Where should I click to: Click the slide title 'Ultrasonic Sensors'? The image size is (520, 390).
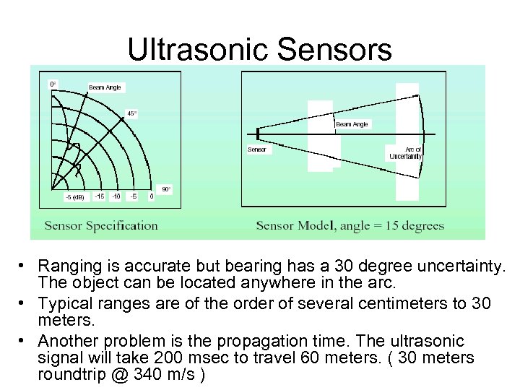[260, 49]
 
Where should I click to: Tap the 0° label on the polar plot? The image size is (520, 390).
[53, 84]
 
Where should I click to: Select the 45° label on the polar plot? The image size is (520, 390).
[131, 113]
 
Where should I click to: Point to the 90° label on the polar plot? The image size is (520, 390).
[166, 189]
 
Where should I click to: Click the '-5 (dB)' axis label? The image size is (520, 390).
[74, 196]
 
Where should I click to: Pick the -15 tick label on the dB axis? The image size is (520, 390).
[99, 196]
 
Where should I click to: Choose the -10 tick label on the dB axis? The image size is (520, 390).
[116, 196]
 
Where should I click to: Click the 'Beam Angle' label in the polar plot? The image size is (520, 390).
[105, 87]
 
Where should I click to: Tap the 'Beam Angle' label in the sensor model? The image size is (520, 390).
[352, 124]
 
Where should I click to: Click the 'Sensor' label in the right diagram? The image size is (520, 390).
[257, 149]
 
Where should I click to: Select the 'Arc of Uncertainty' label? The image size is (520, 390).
[406, 153]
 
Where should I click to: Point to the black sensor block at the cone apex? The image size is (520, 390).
[257, 134]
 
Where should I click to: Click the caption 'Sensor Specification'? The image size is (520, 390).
[101, 225]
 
